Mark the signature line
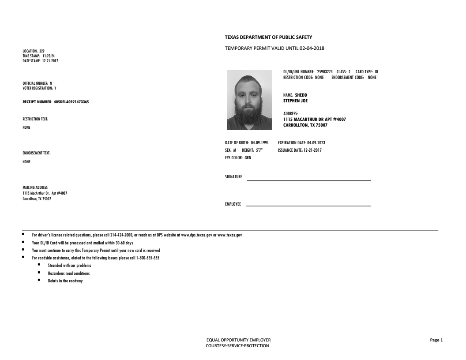(x=308, y=180)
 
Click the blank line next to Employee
(x=308, y=205)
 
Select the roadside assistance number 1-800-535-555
(x=147, y=258)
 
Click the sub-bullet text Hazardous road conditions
(x=68, y=274)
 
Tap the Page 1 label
(x=436, y=340)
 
